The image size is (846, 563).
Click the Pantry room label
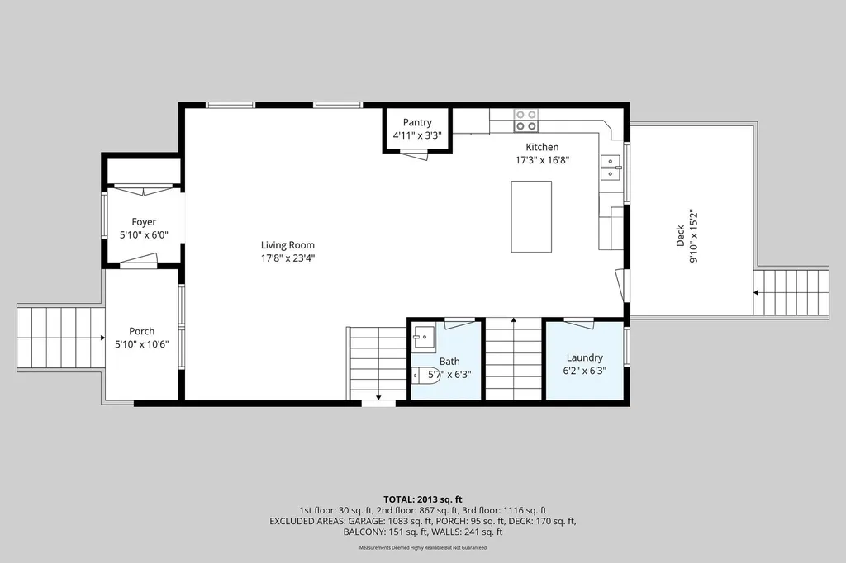[x=417, y=122]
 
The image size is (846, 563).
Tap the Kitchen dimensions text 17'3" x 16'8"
[x=542, y=159]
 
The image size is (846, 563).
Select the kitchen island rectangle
[x=531, y=216]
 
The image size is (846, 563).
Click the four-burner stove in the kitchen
[x=526, y=121]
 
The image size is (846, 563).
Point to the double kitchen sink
[x=611, y=168]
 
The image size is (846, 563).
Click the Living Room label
[x=288, y=245]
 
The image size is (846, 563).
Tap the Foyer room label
[x=144, y=221]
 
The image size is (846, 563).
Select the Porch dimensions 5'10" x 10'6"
[x=142, y=344]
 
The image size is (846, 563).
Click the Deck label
[x=681, y=235]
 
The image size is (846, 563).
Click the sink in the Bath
[x=424, y=338]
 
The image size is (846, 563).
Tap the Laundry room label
[x=584, y=357]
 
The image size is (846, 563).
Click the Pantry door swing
[x=414, y=154]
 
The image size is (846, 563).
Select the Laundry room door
[x=579, y=324]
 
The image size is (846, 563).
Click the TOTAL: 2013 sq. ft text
[x=423, y=499]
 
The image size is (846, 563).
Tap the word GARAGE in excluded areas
[x=366, y=521]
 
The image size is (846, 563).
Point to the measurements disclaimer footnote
[x=423, y=548]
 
